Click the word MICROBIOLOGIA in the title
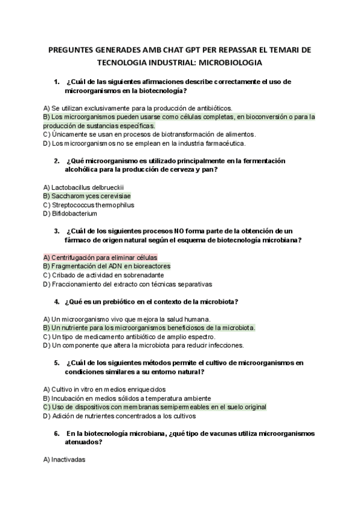(x=230, y=62)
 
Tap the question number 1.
(x=56, y=81)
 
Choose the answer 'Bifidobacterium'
(x=70, y=213)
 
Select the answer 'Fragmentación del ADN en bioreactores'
(x=107, y=266)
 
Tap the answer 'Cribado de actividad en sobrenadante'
(x=103, y=275)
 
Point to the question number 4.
(x=56, y=301)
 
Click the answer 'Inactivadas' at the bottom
(x=65, y=459)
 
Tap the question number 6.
(x=56, y=433)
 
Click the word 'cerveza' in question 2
(x=179, y=169)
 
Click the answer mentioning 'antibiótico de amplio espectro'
(x=135, y=337)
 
